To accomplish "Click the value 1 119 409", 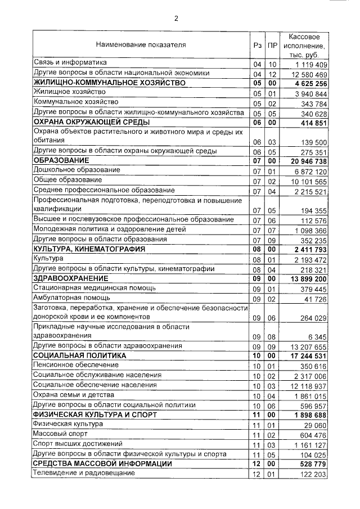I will tap(307, 64).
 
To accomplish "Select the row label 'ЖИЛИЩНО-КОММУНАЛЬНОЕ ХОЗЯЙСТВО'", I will tap(109, 83).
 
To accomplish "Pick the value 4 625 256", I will tap(307, 84).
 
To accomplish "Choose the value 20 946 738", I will tap(305, 161).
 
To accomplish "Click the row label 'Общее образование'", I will tap(68, 180).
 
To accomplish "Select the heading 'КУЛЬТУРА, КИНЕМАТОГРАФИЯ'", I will tap(89, 248).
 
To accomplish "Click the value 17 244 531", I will tap(305, 356).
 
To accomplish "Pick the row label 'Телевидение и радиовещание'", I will tap(84, 473).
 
